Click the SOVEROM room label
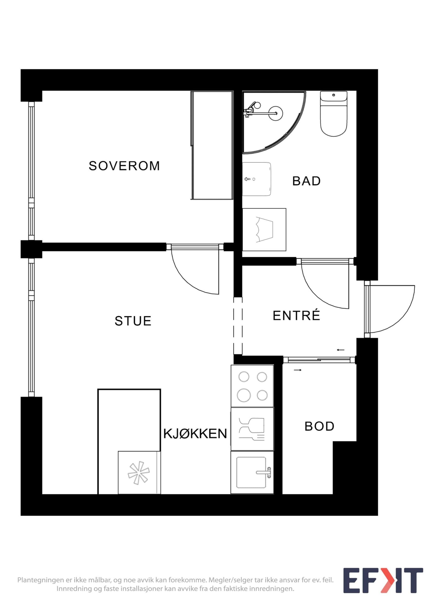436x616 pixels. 124,166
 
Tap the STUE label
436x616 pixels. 133,321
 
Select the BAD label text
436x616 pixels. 306,181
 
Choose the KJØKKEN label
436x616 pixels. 195,434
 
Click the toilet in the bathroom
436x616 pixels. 334,114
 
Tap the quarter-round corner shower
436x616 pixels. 274,123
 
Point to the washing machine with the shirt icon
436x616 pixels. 264,229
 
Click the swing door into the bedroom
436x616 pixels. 195,269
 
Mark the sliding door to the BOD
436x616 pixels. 320,360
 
